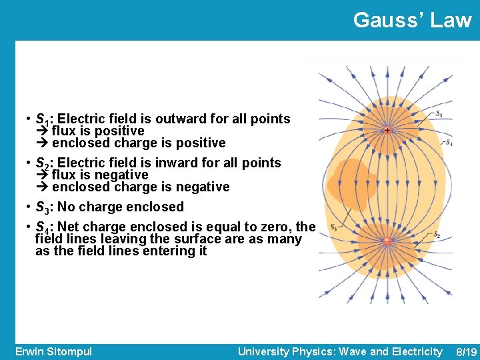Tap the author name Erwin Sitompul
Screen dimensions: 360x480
[x=53, y=351]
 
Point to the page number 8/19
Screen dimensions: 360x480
[x=465, y=351]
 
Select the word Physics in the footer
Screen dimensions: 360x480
[x=317, y=351]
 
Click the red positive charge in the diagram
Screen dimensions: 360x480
[x=387, y=131]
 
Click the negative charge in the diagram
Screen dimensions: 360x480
[x=386, y=241]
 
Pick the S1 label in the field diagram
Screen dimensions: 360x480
[x=437, y=114]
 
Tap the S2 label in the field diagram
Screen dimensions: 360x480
[x=437, y=235]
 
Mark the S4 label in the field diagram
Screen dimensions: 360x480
[x=448, y=143]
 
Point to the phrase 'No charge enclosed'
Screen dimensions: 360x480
[x=121, y=207]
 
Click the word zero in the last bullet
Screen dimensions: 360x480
[x=277, y=227]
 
